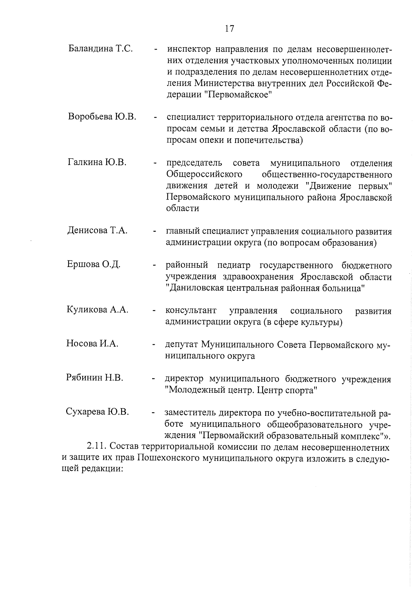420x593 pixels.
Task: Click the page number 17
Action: point(229,29)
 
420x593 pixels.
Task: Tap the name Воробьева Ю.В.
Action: point(102,116)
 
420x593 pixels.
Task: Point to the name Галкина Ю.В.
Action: point(97,162)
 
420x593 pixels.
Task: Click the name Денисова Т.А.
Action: point(97,231)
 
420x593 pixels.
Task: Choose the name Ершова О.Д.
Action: point(93,264)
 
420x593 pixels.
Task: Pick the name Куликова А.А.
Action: point(97,310)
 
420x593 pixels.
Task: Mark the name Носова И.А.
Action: point(92,343)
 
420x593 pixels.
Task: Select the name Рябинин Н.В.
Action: point(94,377)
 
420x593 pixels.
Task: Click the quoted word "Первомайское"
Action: point(238,95)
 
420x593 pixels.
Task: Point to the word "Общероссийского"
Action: point(204,174)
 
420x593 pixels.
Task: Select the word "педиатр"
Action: point(233,266)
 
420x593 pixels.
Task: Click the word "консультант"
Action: point(191,311)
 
